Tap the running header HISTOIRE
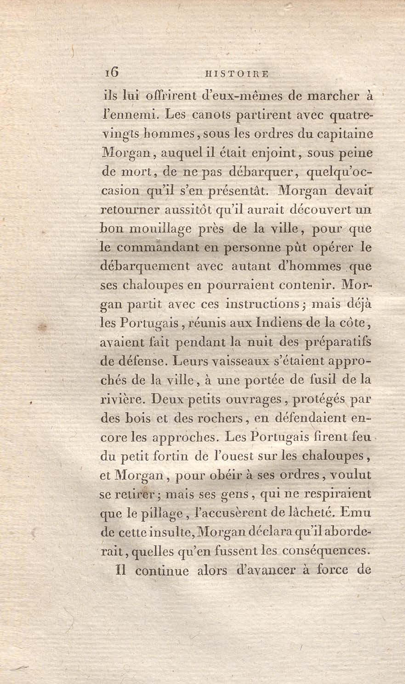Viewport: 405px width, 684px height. click(237, 74)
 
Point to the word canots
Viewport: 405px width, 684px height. click(210, 115)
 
